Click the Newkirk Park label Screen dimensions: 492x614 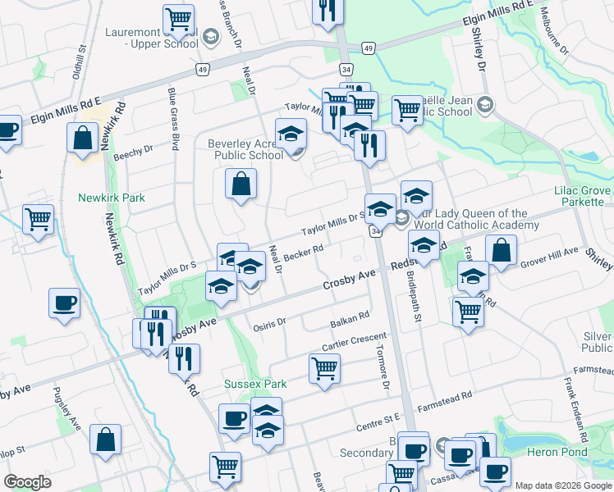(112, 198)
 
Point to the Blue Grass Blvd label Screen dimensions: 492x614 (173, 119)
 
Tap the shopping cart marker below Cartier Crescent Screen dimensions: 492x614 (324, 371)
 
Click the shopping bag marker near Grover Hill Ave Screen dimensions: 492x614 (501, 252)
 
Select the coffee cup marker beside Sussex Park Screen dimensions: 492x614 (234, 419)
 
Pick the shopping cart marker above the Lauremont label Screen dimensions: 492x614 (178, 19)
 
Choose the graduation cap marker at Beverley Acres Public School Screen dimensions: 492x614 (290, 134)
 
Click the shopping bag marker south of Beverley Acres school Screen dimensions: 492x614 (241, 184)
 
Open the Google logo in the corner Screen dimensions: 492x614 (27, 482)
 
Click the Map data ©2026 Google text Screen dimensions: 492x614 (562, 485)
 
